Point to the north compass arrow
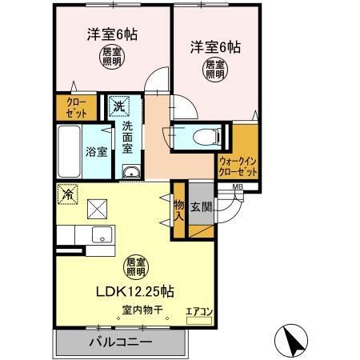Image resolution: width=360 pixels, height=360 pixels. pyautogui.click(x=292, y=342)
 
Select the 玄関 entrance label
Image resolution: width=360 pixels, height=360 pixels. pyautogui.click(x=202, y=208)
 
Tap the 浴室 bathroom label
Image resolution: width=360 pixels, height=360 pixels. pyautogui.click(x=97, y=150)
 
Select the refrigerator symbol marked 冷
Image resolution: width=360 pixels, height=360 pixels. pyautogui.click(x=68, y=194)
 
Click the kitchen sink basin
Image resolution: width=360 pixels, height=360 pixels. pyautogui.click(x=102, y=234)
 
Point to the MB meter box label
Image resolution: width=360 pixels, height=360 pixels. pyautogui.click(x=238, y=188)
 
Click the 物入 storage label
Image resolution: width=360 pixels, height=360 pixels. pyautogui.click(x=178, y=210)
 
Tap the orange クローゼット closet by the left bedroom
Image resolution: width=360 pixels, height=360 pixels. pyautogui.click(x=70, y=108)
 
